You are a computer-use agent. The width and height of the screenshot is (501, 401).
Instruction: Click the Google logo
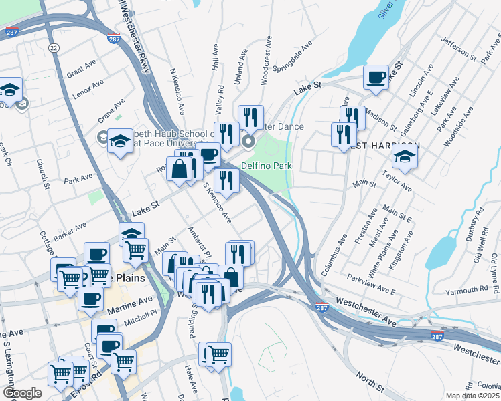(x=22, y=393)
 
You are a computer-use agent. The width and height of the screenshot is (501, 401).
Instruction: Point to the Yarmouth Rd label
(x=470, y=289)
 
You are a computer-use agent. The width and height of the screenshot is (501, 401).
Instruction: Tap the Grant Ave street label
(x=82, y=68)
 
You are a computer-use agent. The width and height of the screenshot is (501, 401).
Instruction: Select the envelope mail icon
(x=22, y=104)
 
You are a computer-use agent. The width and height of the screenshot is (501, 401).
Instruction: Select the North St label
(x=369, y=382)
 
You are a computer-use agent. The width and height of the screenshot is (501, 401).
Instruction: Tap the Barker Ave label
(x=72, y=229)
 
